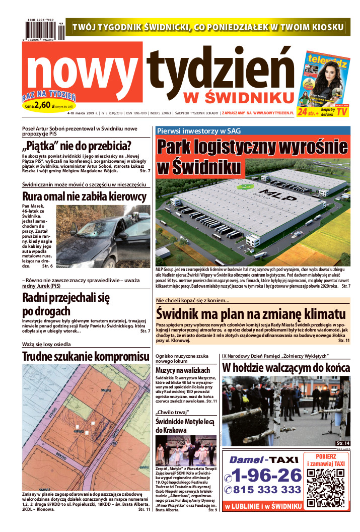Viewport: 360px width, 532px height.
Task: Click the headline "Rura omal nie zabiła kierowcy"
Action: pos(85,196)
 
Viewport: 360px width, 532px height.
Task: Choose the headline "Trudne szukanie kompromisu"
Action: pos(86,357)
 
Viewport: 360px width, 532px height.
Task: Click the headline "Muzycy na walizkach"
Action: pos(182,370)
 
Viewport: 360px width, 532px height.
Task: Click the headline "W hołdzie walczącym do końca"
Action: pos(285,367)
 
